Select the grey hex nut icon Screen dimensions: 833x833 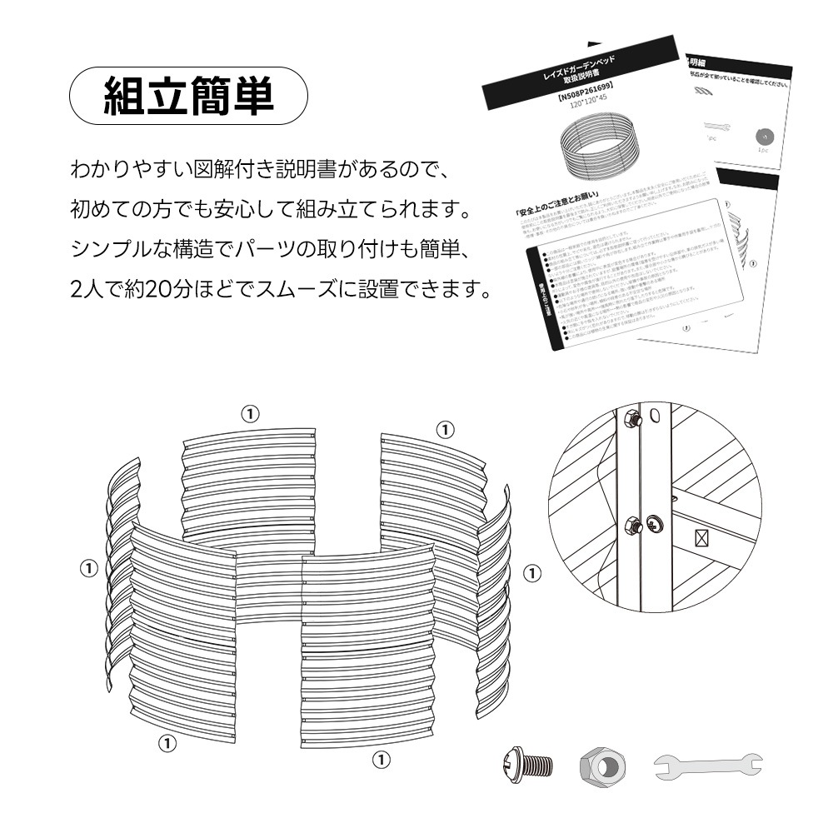603,764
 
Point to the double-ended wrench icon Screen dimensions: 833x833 707,764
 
